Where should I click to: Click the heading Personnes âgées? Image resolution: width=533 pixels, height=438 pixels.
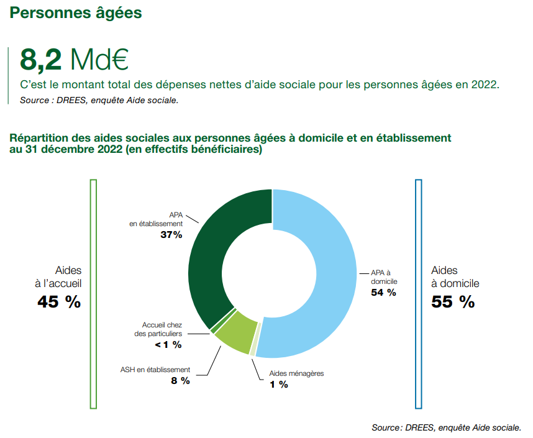[x=76, y=12]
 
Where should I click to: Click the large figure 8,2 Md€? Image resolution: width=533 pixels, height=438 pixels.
[x=74, y=60]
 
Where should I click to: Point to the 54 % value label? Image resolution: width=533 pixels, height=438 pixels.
[x=383, y=293]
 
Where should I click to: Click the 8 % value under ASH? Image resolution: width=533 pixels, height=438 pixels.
[x=180, y=380]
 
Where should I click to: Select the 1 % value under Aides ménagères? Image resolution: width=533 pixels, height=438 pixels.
[x=278, y=384]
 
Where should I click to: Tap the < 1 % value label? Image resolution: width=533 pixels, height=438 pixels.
[x=168, y=345]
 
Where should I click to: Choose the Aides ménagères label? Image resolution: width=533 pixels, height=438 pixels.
[x=296, y=373]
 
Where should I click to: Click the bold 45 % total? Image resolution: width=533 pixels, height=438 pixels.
[x=58, y=302]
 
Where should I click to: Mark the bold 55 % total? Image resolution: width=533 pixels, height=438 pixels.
[x=453, y=302]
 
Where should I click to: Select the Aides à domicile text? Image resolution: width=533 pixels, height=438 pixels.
[x=455, y=276]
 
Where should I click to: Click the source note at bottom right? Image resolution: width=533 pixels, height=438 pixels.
[x=446, y=427]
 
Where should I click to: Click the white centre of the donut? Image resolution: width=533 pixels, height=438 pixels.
[x=272, y=273]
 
